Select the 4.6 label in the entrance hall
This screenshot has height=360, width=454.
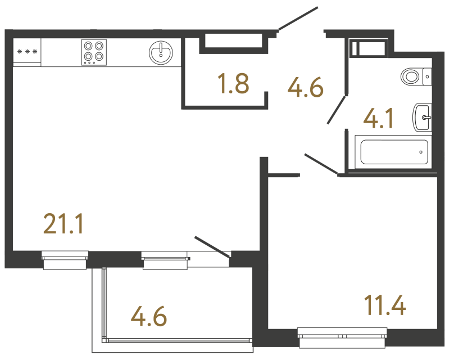coord(305,87)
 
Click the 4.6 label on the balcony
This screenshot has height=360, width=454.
coord(149,317)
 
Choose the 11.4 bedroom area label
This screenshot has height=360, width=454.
coord(384,307)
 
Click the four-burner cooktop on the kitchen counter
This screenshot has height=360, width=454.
coord(94,52)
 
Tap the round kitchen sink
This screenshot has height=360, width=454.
coord(161,52)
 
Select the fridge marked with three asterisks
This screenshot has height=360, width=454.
coord(27,52)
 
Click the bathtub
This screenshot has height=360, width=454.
coord(394,152)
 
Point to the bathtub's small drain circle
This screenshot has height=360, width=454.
coord(421,151)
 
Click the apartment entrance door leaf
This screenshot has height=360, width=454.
coord(298,19)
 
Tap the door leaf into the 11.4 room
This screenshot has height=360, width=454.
coord(321,163)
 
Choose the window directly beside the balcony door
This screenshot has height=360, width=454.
coord(165,259)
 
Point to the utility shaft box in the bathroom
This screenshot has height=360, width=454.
coord(368,47)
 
